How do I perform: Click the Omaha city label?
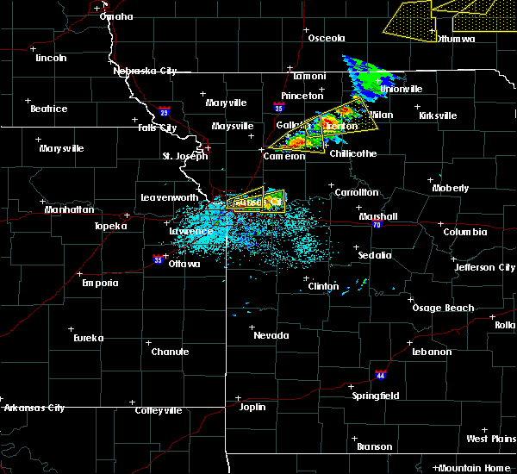click(x=115, y=16)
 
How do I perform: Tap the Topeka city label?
click(x=110, y=226)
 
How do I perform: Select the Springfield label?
click(x=377, y=396)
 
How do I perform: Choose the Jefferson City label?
click(x=486, y=267)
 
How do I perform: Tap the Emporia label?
click(x=99, y=283)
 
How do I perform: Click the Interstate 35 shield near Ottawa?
click(x=158, y=258)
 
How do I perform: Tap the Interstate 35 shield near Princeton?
click(x=278, y=108)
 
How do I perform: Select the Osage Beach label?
click(x=443, y=308)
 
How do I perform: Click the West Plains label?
click(x=489, y=439)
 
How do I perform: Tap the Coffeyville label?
click(x=159, y=410)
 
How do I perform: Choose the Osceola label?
click(x=327, y=38)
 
